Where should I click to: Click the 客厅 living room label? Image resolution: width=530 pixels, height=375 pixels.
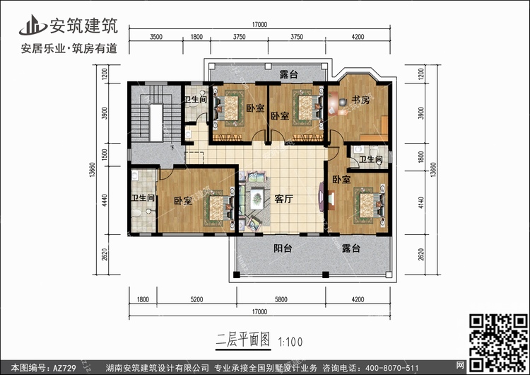click(x=283, y=199)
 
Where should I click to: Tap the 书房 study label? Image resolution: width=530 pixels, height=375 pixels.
click(x=360, y=100)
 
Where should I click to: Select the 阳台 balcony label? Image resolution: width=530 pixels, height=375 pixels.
click(x=283, y=248)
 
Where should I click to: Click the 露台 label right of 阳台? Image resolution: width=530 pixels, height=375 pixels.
click(x=351, y=248)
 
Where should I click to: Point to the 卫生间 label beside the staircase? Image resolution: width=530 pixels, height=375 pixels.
click(x=196, y=100)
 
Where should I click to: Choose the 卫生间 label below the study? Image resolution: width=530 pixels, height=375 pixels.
click(x=371, y=159)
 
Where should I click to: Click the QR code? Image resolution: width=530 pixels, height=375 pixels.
click(x=498, y=342)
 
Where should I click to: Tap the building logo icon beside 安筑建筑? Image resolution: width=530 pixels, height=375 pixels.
click(x=33, y=25)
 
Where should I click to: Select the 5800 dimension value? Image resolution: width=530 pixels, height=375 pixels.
click(x=281, y=299)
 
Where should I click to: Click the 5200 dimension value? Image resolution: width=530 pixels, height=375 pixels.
click(x=196, y=299)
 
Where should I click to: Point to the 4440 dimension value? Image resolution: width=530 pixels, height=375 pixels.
click(x=105, y=200)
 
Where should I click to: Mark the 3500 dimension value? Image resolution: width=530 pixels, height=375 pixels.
click(x=156, y=37)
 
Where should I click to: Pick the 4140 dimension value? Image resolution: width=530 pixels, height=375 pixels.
click(x=421, y=202)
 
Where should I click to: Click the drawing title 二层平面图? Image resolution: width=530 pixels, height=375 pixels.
click(x=243, y=340)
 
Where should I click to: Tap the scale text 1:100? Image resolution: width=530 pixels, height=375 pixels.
click(x=290, y=342)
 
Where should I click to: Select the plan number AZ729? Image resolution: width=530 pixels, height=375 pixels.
click(x=64, y=368)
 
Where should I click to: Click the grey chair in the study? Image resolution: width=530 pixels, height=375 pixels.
click(x=343, y=102)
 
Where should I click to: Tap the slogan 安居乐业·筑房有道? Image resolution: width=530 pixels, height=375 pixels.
click(x=69, y=48)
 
